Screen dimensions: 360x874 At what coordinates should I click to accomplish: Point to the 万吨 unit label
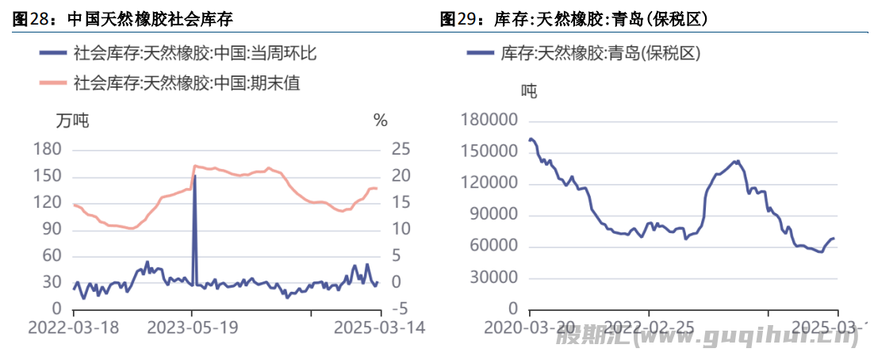pos(72,121)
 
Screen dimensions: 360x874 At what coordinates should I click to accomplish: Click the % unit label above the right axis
pos(381,121)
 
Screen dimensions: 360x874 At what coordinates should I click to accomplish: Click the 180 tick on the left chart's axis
pos(48,149)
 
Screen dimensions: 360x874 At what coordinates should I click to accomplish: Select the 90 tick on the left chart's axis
pos(52,229)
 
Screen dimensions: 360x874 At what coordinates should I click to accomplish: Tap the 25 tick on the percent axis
pos(401,149)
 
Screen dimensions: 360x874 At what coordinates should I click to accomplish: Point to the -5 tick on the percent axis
pos(400,308)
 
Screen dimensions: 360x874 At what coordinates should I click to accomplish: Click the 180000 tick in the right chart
pos(489,121)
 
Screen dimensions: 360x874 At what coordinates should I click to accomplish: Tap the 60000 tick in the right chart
pos(493,247)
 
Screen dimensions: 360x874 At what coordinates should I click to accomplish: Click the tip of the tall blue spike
pos(194,177)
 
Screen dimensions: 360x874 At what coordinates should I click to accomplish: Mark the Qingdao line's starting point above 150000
pos(530,140)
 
